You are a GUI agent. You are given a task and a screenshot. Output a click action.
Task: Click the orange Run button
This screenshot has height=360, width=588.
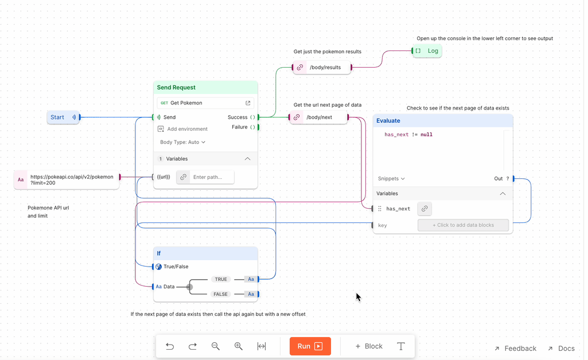(x=310, y=346)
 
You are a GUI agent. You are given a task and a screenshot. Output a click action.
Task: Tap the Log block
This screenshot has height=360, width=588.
(x=427, y=51)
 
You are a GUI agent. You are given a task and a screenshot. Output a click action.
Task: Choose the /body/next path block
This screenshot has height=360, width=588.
(x=319, y=118)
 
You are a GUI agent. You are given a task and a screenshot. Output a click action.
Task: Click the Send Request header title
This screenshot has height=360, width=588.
(x=176, y=88)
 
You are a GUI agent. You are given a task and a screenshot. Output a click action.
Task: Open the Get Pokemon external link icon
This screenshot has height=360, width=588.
(x=248, y=103)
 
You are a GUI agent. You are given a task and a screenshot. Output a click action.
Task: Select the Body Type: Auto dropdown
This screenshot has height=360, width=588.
(x=182, y=142)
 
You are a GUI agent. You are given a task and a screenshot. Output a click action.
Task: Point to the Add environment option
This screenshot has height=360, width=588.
(x=187, y=129)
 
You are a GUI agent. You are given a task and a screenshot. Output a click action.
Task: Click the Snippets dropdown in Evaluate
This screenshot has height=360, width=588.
(x=391, y=179)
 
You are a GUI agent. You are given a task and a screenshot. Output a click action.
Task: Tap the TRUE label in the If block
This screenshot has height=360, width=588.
(x=221, y=279)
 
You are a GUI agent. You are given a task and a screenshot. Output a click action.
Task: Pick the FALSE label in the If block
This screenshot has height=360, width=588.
(x=221, y=294)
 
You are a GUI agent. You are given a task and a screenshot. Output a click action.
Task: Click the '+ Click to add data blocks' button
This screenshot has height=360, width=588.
(x=463, y=225)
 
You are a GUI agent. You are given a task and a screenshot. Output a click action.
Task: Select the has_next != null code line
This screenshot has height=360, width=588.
(x=408, y=135)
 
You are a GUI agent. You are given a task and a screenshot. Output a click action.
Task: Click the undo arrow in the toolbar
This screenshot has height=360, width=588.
(x=170, y=346)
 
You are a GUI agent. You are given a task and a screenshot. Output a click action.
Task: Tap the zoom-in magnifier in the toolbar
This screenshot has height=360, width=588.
(x=239, y=346)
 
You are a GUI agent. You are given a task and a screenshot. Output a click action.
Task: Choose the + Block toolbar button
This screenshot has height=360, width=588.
(x=369, y=346)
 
